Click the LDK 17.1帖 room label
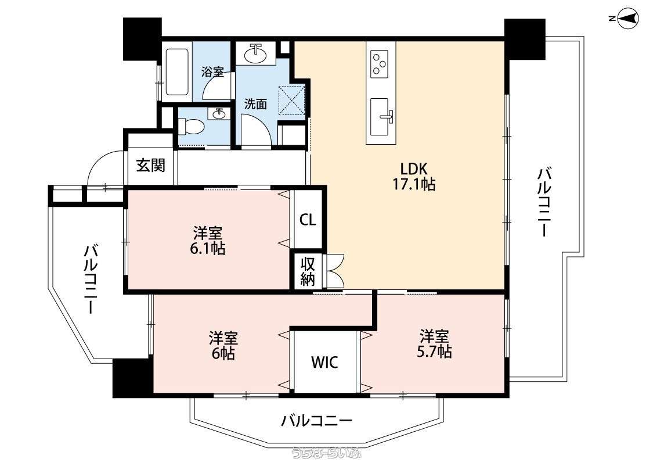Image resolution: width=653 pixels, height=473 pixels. tap(414, 176)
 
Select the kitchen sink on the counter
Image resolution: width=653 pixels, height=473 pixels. tap(380, 117)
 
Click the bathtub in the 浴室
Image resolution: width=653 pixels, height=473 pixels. tap(176, 71)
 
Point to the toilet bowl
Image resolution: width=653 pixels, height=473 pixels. tap(190, 126)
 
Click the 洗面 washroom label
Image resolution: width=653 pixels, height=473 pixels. tap(255, 104)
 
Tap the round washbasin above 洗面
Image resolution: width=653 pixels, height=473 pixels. tap(256, 53)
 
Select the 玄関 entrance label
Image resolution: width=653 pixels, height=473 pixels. tap(151, 166)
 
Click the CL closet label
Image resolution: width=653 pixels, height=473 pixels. tap(308, 220)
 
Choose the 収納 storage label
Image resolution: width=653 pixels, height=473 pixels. tap(308, 272)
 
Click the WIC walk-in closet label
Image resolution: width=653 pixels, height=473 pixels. tap(325, 363)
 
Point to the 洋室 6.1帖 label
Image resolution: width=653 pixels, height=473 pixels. tap(207, 241)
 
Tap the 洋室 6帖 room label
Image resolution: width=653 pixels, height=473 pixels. tap(223, 346)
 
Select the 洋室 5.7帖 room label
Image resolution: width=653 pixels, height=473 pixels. tap(434, 344)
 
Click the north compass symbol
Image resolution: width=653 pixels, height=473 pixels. tap(627, 19)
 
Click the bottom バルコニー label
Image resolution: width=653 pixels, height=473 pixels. tap(316, 421)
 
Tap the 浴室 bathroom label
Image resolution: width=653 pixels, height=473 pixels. tap(212, 71)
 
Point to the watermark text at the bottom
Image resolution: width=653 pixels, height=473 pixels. tap(326, 453)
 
